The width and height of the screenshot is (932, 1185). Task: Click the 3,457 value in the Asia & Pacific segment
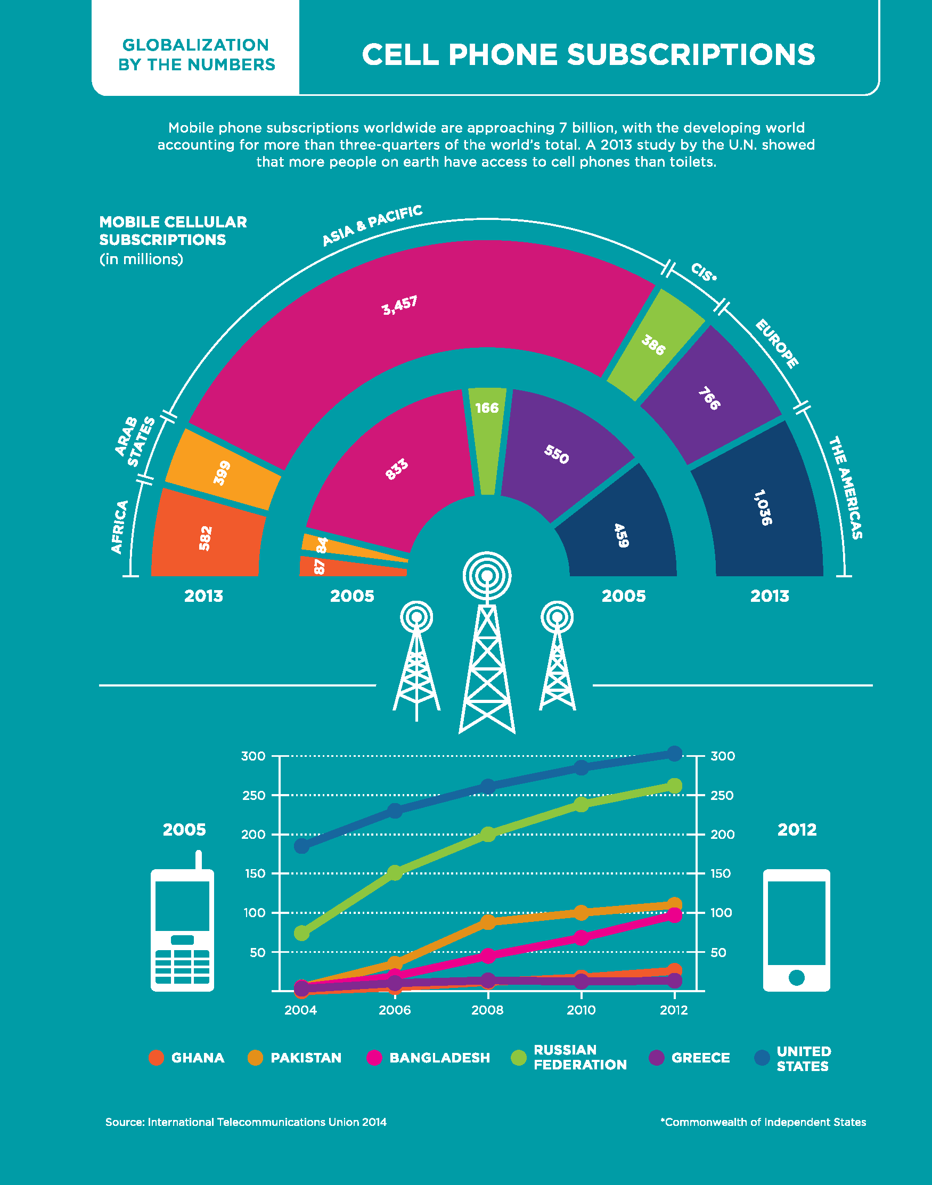tap(399, 306)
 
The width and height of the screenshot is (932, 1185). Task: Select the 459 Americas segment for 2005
tap(621, 535)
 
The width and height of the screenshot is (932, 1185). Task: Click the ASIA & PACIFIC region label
tap(372, 225)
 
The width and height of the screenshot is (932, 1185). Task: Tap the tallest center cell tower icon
tap(487, 644)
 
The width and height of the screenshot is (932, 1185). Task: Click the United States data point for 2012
tap(674, 754)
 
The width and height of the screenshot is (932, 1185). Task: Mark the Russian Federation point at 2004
tap(302, 933)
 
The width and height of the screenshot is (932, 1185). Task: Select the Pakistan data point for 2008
tap(488, 922)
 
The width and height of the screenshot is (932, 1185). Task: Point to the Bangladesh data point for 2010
tap(581, 938)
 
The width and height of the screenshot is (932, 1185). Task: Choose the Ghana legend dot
tap(157, 1057)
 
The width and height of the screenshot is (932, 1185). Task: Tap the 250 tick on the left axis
tap(253, 796)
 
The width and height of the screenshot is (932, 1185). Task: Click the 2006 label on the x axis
tap(395, 1010)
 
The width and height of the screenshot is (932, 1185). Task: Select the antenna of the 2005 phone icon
tap(199, 860)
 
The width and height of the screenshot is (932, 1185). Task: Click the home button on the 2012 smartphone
tap(797, 978)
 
